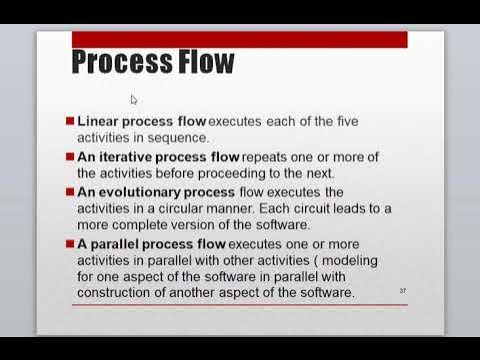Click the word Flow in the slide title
pyautogui.click(x=207, y=64)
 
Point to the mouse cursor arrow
pyautogui.click(x=134, y=99)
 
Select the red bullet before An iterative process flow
pyautogui.click(x=70, y=157)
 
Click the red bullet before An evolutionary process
pyautogui.click(x=70, y=192)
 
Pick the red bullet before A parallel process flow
pyautogui.click(x=70, y=244)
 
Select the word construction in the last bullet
pyautogui.click(x=118, y=293)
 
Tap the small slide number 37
pyautogui.click(x=402, y=289)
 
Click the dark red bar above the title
pyautogui.click(x=240, y=40)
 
